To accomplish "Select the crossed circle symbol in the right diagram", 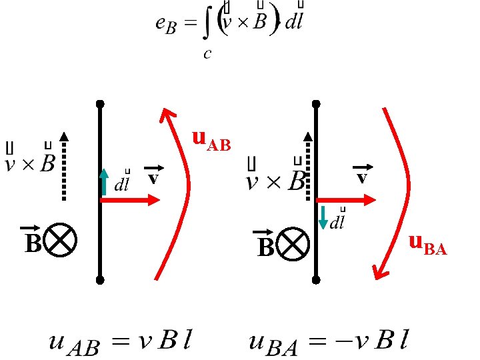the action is pyautogui.click(x=293, y=244).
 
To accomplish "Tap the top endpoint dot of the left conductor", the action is pyautogui.click(x=100, y=104).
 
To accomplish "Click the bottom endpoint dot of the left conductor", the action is pyautogui.click(x=100, y=279).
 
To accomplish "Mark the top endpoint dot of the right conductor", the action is pyautogui.click(x=316, y=104).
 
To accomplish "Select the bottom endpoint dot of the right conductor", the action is pyautogui.click(x=316, y=279).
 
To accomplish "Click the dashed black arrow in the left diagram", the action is pyautogui.click(x=65, y=167).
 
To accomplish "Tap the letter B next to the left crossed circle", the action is pyautogui.click(x=32, y=243).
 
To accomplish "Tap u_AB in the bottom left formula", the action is pyautogui.click(x=74, y=345).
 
